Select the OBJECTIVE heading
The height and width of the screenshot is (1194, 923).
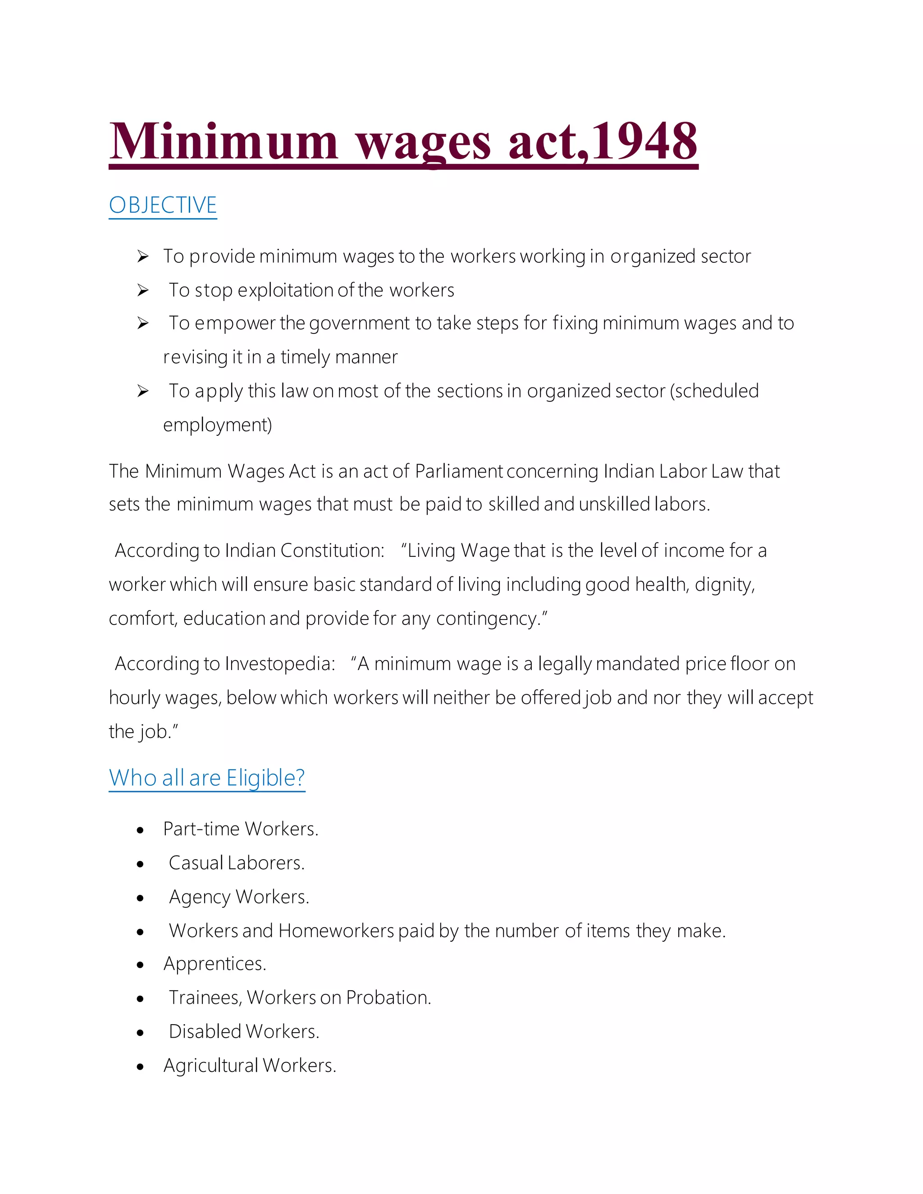163,205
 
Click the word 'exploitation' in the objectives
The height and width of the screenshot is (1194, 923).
285,290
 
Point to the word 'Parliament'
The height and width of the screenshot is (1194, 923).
458,471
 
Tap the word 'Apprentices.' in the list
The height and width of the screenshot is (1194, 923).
215,964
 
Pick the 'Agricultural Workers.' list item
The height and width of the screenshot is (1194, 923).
250,1066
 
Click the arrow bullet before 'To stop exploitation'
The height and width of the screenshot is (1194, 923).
143,290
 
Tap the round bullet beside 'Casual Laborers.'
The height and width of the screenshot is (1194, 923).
141,864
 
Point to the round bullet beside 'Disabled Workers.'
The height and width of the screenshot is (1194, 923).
141,1033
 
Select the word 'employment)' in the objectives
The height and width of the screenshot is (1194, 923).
218,425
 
